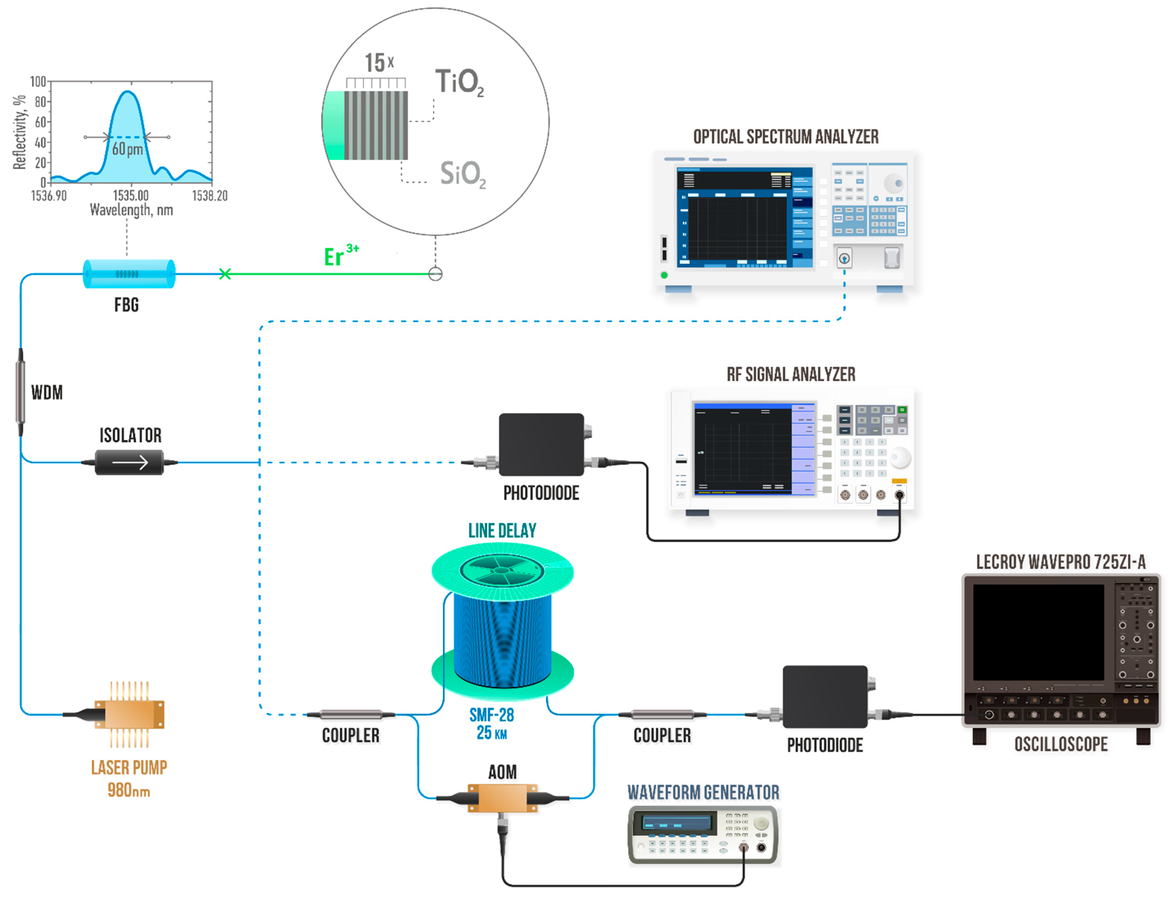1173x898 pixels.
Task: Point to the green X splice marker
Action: pos(225,274)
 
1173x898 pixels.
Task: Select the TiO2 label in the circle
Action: pos(459,82)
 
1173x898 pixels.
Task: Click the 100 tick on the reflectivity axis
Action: pos(38,82)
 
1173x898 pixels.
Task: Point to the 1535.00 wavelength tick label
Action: pos(130,196)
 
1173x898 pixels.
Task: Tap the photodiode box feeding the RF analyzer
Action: pos(541,444)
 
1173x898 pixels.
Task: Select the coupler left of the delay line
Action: pos(351,715)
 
